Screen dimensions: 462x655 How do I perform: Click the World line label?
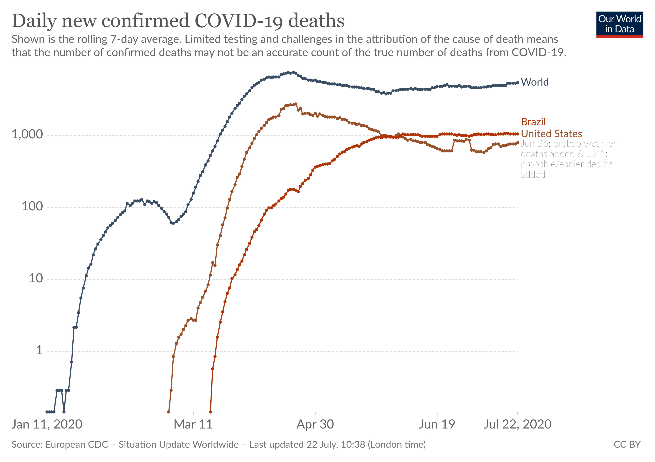click(x=534, y=82)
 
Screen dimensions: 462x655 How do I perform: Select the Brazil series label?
click(x=533, y=122)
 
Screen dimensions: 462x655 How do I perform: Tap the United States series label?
click(x=551, y=134)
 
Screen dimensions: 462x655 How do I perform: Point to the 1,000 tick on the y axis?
click(x=27, y=134)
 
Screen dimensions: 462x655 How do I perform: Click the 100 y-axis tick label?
click(x=32, y=206)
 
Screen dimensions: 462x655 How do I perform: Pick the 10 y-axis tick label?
click(x=36, y=279)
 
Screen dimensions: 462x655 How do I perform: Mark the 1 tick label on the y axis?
click(x=39, y=350)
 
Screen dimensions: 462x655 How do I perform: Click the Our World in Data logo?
click(x=619, y=24)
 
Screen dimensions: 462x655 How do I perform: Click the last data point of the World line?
click(x=518, y=82)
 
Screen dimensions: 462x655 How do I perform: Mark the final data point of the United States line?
click(x=518, y=142)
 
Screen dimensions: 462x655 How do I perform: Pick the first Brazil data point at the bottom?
click(x=210, y=412)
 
